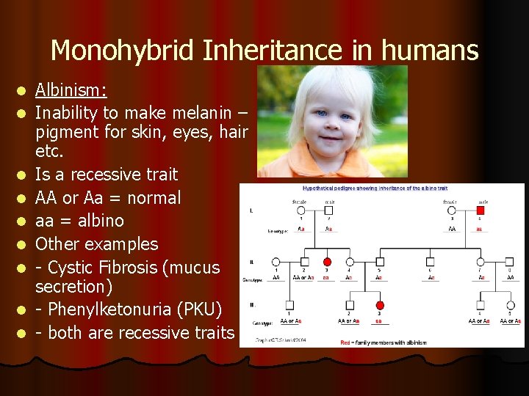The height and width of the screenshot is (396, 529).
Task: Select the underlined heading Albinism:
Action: tap(71, 90)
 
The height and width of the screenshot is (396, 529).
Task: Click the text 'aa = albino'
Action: tap(79, 221)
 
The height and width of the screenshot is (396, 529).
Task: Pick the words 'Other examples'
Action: tap(96, 244)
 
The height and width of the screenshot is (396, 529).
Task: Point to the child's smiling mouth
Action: tap(337, 141)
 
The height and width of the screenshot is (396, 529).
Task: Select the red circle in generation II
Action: tap(328, 262)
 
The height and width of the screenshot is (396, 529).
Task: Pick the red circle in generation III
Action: tap(380, 305)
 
